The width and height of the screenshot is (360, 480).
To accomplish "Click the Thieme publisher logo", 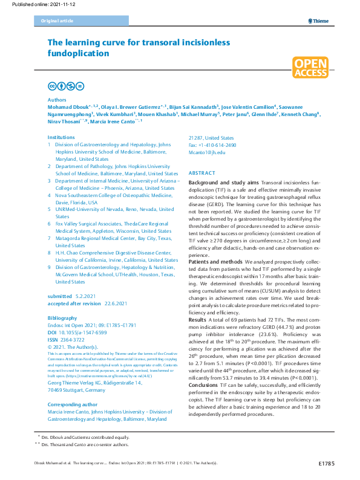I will click(318, 21).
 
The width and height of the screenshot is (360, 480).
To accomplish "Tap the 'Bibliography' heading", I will click(62, 317).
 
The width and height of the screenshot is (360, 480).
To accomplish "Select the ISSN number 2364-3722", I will click(74, 339).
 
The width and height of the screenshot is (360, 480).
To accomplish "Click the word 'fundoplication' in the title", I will click(79, 53).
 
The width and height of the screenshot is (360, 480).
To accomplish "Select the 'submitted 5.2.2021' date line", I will click(73, 297).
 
